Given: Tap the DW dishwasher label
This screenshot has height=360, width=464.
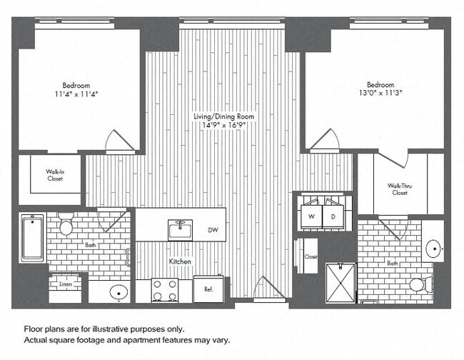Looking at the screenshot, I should tap(212, 230).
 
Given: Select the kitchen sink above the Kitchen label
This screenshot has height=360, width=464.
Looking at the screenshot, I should tap(180, 229).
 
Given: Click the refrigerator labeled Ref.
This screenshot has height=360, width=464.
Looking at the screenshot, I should tap(208, 289).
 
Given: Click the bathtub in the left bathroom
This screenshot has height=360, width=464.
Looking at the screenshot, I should tap(32, 237).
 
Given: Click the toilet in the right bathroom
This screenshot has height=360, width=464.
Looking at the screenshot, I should tap(418, 285).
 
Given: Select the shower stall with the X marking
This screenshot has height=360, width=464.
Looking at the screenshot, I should tap(340, 283).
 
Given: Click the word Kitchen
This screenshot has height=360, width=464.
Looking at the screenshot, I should tap(180, 262).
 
